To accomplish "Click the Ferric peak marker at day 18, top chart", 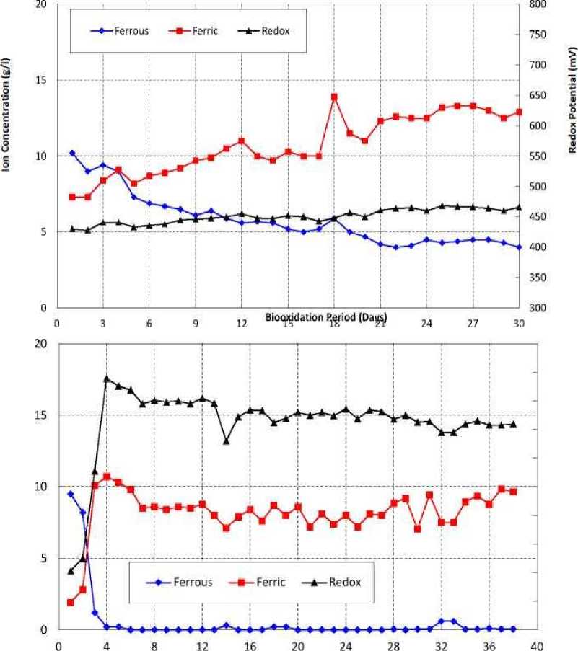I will point(334,97).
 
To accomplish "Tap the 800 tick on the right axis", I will point(538,5).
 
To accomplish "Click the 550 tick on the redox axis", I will point(538,156).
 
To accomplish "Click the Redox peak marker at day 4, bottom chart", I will point(107,378).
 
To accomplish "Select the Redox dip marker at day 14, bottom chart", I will point(226,440).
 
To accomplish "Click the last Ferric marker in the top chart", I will point(519,112).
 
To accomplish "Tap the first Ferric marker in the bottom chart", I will point(71,603).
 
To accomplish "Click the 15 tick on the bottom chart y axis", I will point(42,415).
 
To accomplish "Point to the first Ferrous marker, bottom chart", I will point(71,494).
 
